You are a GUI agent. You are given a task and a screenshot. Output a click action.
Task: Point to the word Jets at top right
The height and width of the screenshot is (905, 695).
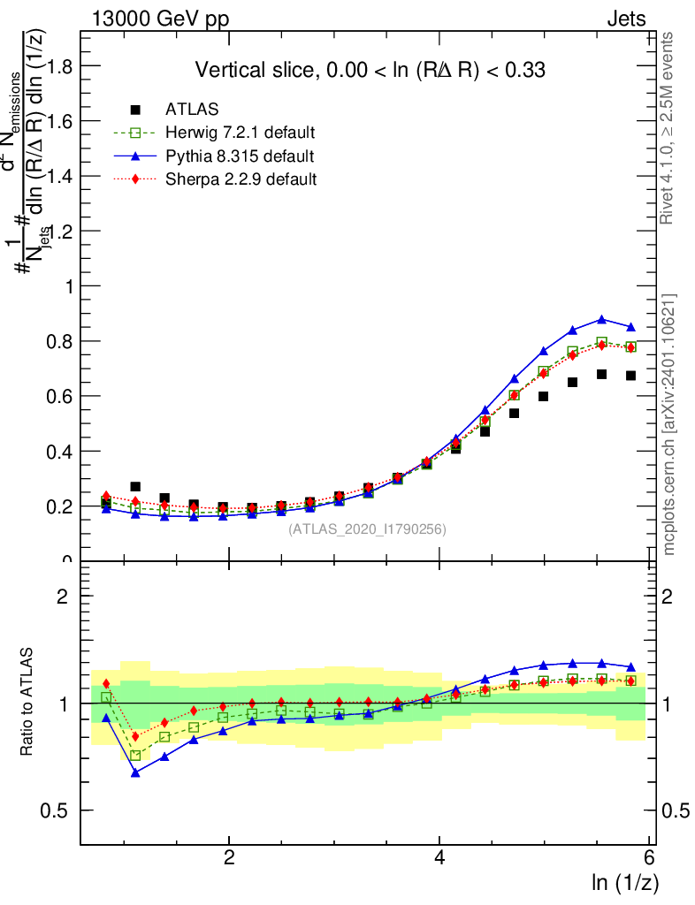pyautogui.click(x=626, y=19)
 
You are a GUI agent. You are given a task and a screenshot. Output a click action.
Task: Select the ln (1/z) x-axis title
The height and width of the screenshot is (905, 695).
pyautogui.click(x=625, y=881)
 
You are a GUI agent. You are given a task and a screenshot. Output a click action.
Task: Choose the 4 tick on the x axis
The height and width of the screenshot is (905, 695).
pyautogui.click(x=439, y=857)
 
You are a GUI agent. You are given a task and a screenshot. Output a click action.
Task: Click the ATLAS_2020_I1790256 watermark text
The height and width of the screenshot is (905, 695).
pyautogui.click(x=367, y=529)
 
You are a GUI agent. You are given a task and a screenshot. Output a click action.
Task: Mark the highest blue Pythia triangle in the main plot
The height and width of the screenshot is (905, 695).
pyautogui.click(x=601, y=319)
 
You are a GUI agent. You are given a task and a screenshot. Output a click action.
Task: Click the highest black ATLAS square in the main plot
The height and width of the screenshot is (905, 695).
pyautogui.click(x=601, y=374)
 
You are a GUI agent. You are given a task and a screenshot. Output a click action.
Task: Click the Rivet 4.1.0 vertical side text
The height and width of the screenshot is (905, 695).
pyautogui.click(x=668, y=128)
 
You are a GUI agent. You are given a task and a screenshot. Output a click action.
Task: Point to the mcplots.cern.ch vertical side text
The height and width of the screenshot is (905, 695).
pyautogui.click(x=669, y=424)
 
